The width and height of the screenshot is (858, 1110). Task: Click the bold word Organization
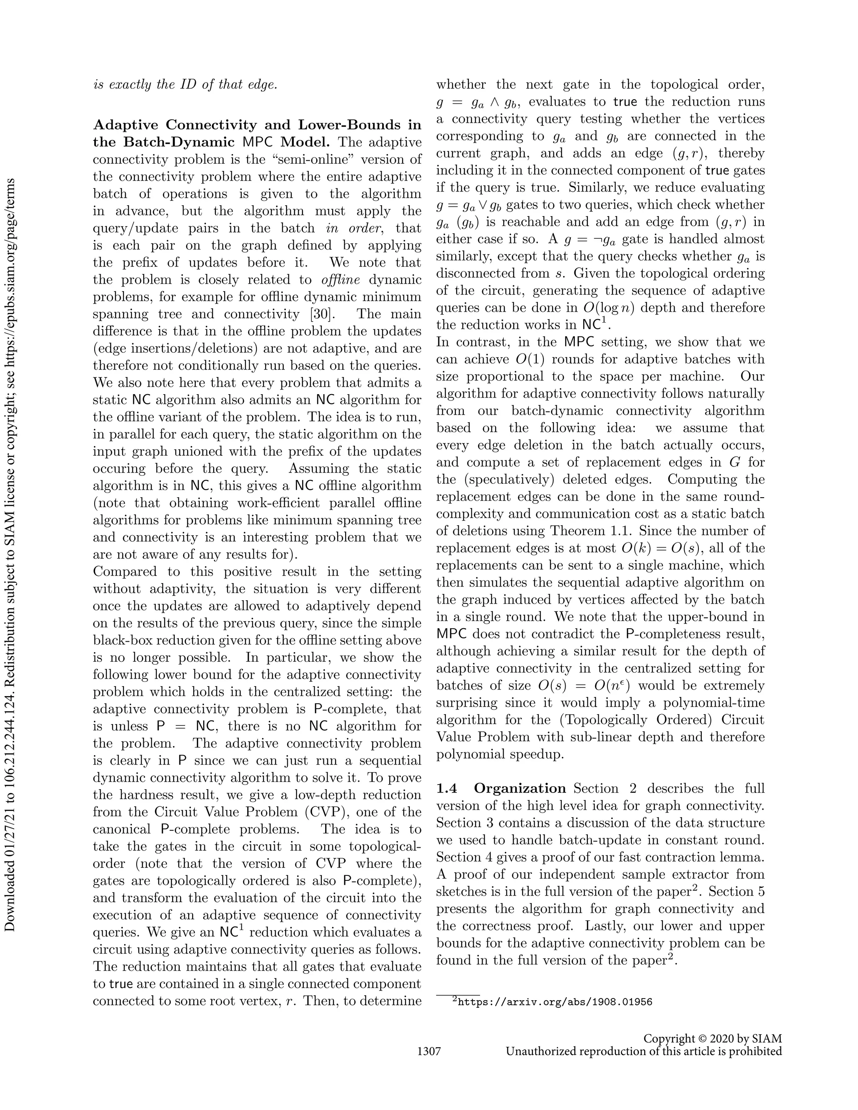pyautogui.click(x=520, y=788)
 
